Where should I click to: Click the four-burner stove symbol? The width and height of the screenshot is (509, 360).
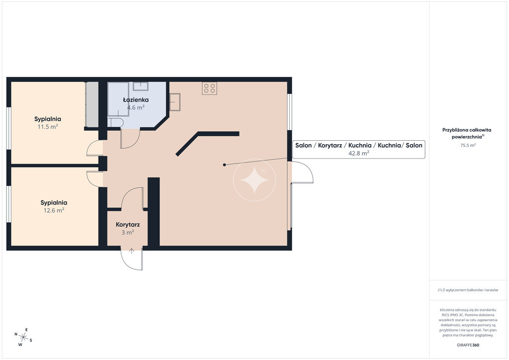click(x=209, y=88)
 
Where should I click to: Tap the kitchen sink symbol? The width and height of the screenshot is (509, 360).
click(x=174, y=102)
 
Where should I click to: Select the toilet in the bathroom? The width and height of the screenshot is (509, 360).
click(x=115, y=122)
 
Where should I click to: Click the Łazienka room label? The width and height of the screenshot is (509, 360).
click(x=136, y=99)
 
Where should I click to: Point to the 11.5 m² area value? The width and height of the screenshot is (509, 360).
click(x=48, y=126)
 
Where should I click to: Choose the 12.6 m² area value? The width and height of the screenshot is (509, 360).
click(x=54, y=210)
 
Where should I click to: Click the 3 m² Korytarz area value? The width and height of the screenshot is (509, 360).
click(x=128, y=232)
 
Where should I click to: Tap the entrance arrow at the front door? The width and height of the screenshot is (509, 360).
click(x=131, y=251)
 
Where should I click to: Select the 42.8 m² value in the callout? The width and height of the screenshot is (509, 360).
click(x=359, y=153)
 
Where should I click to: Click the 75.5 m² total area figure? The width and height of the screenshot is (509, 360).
click(x=468, y=145)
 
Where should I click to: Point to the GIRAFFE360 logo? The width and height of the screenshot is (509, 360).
click(x=468, y=345)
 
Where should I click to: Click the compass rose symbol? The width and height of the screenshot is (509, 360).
click(x=23, y=337)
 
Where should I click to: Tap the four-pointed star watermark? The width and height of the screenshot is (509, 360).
click(x=254, y=180)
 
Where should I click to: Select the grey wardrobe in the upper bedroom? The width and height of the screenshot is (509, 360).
click(x=92, y=104)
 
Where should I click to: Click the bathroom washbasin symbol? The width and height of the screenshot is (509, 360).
click(x=141, y=86)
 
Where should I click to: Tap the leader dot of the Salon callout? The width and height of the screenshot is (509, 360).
click(x=224, y=165)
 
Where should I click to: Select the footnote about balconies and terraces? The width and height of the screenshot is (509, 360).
click(x=468, y=290)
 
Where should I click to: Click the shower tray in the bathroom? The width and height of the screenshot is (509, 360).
click(x=118, y=99)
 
